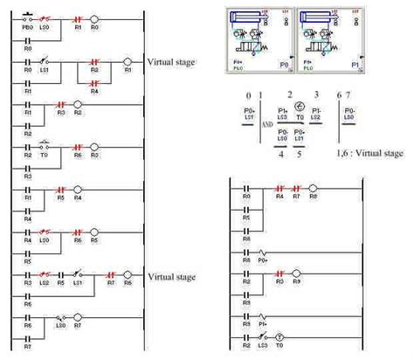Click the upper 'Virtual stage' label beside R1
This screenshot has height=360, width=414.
(172, 63)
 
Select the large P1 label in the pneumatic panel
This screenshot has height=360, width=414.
(355, 64)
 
